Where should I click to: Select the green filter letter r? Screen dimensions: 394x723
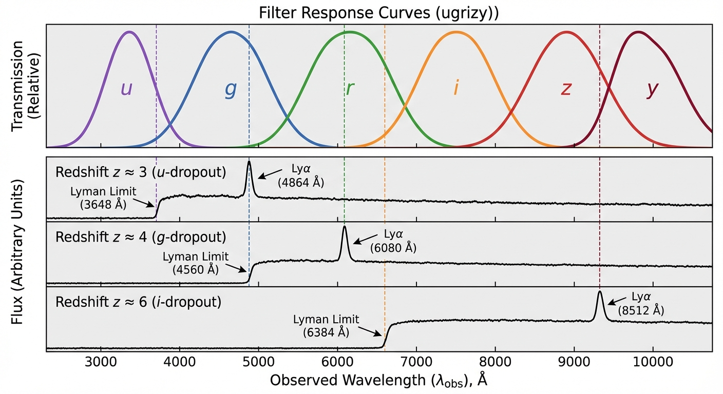click(350, 88)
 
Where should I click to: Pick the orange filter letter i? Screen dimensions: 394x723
click(455, 88)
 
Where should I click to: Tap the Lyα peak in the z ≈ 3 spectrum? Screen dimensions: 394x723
click(249, 163)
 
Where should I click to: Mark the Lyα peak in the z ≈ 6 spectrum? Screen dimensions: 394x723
click(599, 292)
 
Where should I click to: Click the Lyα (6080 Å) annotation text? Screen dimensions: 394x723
click(393, 241)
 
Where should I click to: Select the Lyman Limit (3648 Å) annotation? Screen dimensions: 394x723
click(103, 198)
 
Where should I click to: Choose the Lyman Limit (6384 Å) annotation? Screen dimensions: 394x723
click(326, 325)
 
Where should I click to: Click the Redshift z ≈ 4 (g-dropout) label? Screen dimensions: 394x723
click(141, 238)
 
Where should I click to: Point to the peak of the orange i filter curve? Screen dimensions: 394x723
click(456, 32)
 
